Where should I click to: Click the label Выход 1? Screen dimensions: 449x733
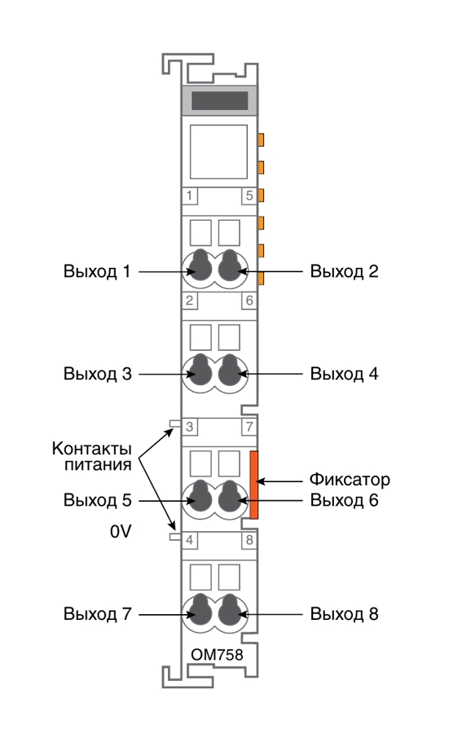[x=97, y=271]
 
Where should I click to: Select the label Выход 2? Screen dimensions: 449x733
[x=344, y=271]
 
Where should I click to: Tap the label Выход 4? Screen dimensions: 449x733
[x=344, y=374]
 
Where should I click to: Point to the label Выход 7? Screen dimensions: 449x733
[x=97, y=614]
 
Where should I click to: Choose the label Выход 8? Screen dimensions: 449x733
[x=344, y=614]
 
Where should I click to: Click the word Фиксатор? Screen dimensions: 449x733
[x=350, y=480]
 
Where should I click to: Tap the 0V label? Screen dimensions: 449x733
[x=121, y=532]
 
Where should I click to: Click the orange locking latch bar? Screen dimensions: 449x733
[x=254, y=485]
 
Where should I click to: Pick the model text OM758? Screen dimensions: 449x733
[x=217, y=655]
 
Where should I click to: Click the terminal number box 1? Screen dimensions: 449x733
[x=189, y=195]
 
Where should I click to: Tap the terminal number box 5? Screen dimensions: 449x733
[x=249, y=195]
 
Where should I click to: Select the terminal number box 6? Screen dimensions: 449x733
[x=249, y=301]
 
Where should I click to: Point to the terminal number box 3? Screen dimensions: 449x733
[x=189, y=426]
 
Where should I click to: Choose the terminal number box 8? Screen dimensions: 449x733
[x=249, y=540]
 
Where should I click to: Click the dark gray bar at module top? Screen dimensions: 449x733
[x=219, y=100]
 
